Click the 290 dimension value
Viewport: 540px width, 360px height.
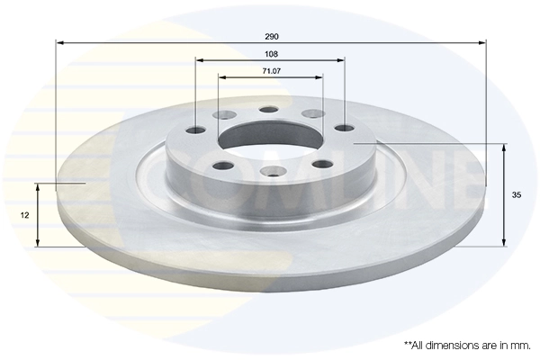point(271,36)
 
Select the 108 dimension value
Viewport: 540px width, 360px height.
point(271,54)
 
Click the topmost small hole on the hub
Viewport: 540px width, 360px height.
point(269,110)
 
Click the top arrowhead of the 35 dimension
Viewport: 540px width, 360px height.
point(503,146)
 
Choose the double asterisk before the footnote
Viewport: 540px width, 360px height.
point(409,344)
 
